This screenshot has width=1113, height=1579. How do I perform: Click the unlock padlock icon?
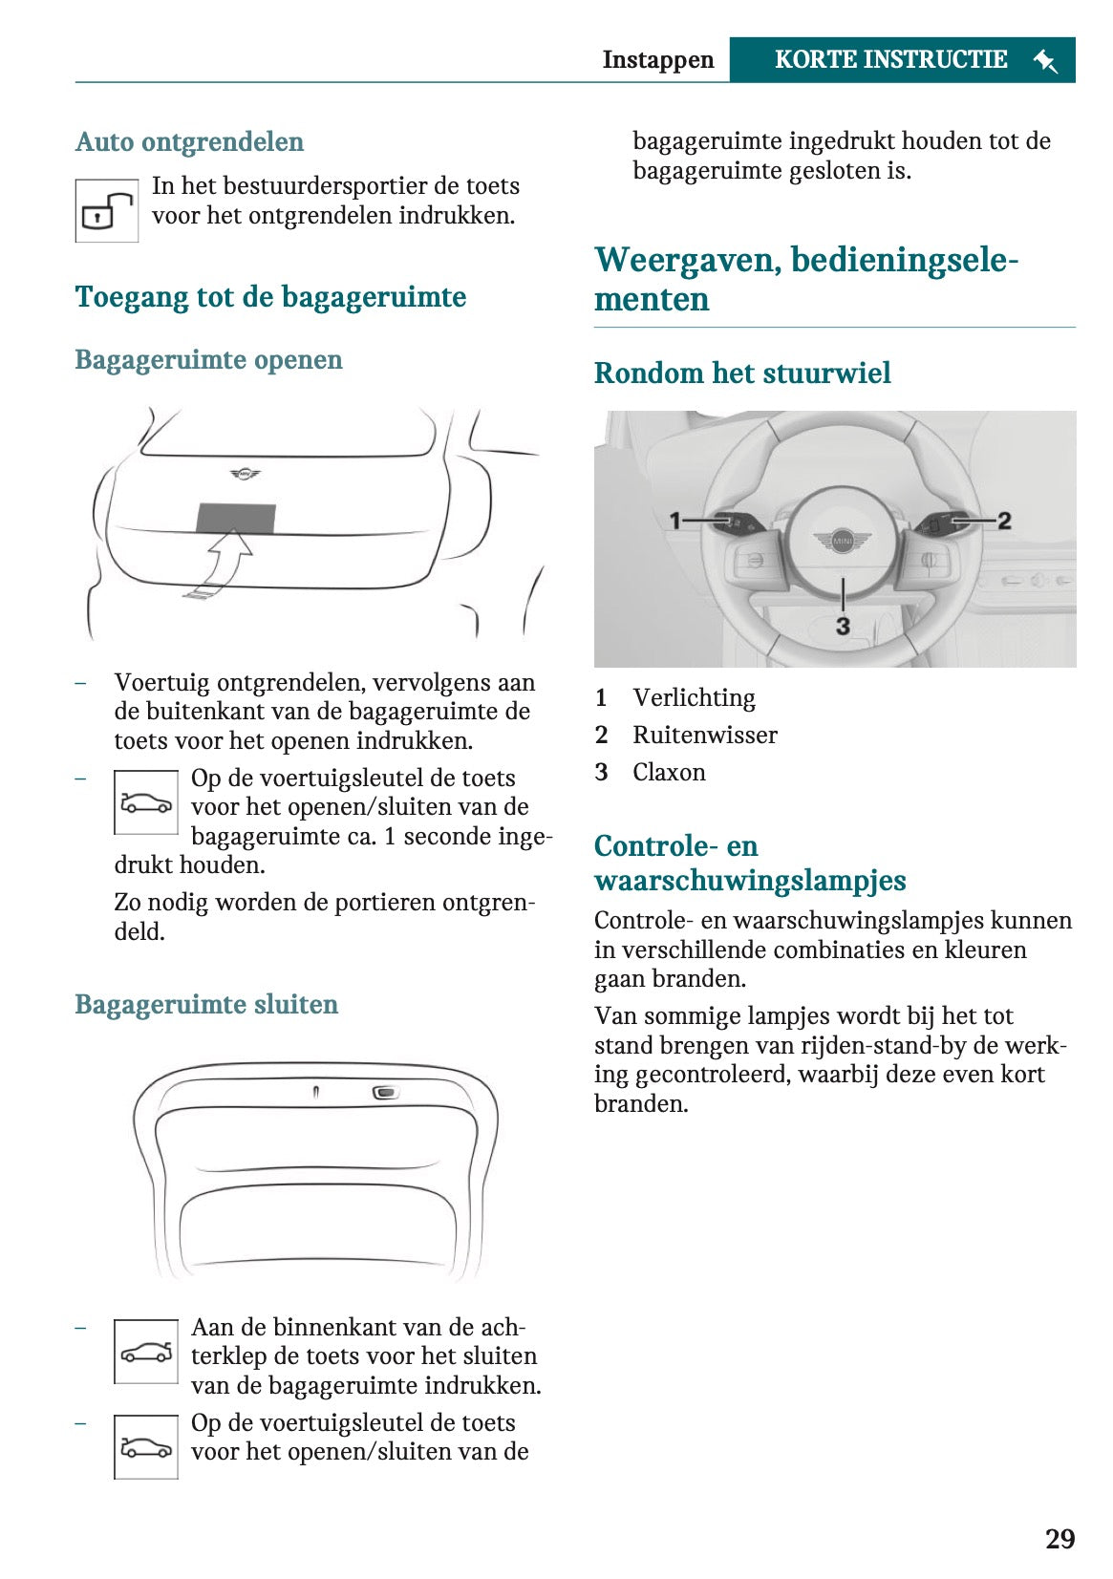click(106, 211)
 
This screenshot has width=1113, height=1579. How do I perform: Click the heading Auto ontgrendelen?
click(189, 141)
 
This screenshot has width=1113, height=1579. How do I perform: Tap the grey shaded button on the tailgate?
click(236, 518)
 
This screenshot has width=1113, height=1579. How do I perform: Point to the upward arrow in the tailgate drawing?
click(225, 563)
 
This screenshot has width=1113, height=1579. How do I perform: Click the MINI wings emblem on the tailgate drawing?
click(246, 473)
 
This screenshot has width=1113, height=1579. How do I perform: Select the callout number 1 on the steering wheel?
click(675, 521)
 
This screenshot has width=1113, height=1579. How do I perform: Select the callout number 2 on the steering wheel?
click(1004, 521)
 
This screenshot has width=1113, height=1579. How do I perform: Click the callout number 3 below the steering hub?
click(843, 626)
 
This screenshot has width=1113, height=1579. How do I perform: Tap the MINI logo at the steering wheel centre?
click(842, 542)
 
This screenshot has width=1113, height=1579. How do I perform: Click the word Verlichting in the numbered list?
click(694, 698)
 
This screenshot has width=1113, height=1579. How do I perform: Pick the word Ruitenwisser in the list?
click(705, 736)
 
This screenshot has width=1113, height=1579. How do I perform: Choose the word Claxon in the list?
click(669, 773)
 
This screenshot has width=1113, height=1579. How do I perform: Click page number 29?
click(1059, 1539)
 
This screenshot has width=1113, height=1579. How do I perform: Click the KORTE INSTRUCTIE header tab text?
click(890, 59)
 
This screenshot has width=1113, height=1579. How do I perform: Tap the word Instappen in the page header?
click(658, 59)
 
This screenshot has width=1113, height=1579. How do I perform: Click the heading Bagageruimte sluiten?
click(206, 1004)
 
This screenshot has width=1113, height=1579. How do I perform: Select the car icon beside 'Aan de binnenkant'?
click(146, 1352)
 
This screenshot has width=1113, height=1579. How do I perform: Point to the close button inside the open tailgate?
click(385, 1092)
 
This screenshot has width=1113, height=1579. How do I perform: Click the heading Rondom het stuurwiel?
click(742, 373)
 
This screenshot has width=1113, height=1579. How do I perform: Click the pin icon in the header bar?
click(1045, 61)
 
